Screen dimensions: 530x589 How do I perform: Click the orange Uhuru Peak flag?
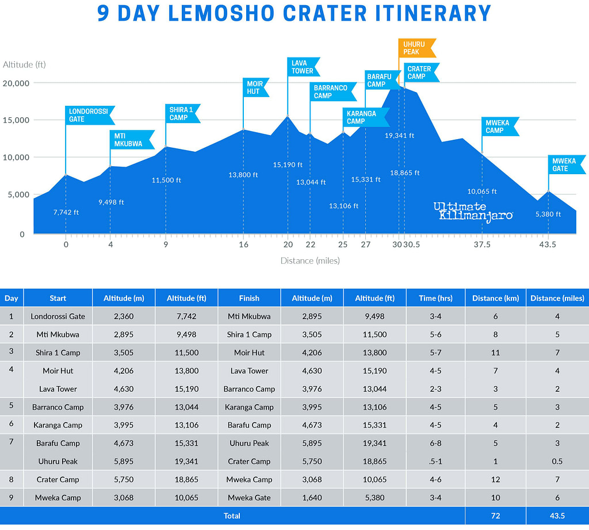[416, 48]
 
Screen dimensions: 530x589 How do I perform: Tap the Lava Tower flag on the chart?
[303, 67]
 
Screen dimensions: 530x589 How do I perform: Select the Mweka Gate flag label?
[566, 164]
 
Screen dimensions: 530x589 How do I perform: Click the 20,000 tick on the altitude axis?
[16, 83]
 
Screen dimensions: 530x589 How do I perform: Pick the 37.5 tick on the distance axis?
[482, 244]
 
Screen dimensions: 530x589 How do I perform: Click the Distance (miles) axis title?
[310, 260]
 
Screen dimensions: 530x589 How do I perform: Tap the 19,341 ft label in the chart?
[399, 136]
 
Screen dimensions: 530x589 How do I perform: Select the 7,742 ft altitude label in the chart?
[66, 212]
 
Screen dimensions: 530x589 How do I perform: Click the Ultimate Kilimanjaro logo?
[473, 211]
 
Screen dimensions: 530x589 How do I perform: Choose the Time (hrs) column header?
[435, 298]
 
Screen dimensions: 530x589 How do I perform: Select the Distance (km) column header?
[495, 298]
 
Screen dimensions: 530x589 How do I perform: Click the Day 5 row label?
[12, 407]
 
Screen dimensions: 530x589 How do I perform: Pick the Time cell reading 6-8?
[435, 443]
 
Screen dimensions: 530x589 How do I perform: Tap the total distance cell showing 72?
[495, 516]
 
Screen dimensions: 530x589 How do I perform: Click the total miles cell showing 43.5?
[557, 516]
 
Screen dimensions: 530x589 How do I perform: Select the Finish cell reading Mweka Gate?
[249, 498]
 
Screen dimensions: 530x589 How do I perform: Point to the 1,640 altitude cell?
[312, 498]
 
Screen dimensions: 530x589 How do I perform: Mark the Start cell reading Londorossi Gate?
[58, 316]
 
